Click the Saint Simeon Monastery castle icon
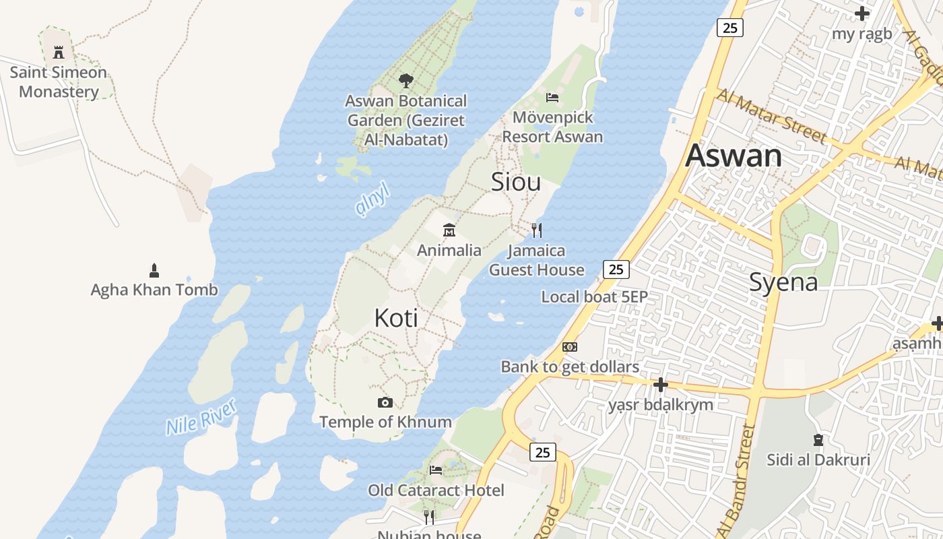pyautogui.click(x=59, y=52)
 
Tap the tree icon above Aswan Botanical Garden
pyautogui.click(x=405, y=81)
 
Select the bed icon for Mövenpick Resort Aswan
pyautogui.click(x=552, y=98)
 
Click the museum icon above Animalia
pyautogui.click(x=449, y=230)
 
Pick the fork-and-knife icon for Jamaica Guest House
pyautogui.click(x=537, y=230)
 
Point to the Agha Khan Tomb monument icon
pyautogui.click(x=154, y=271)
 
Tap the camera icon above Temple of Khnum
pyautogui.click(x=385, y=402)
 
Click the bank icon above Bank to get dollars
pyautogui.click(x=570, y=347)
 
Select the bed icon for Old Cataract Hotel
pyautogui.click(x=436, y=470)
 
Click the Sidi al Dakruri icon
pyautogui.click(x=818, y=441)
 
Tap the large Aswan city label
pyautogui.click(x=734, y=156)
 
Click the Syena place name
pyautogui.click(x=783, y=282)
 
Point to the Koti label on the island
pyautogui.click(x=396, y=318)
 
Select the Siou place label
pyautogui.click(x=516, y=182)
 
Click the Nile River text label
pyautogui.click(x=201, y=416)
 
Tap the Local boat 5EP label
pyautogui.click(x=594, y=297)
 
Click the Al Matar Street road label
pyautogui.click(x=771, y=116)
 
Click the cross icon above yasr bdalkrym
pyautogui.click(x=661, y=385)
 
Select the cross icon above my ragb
pyautogui.click(x=862, y=13)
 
